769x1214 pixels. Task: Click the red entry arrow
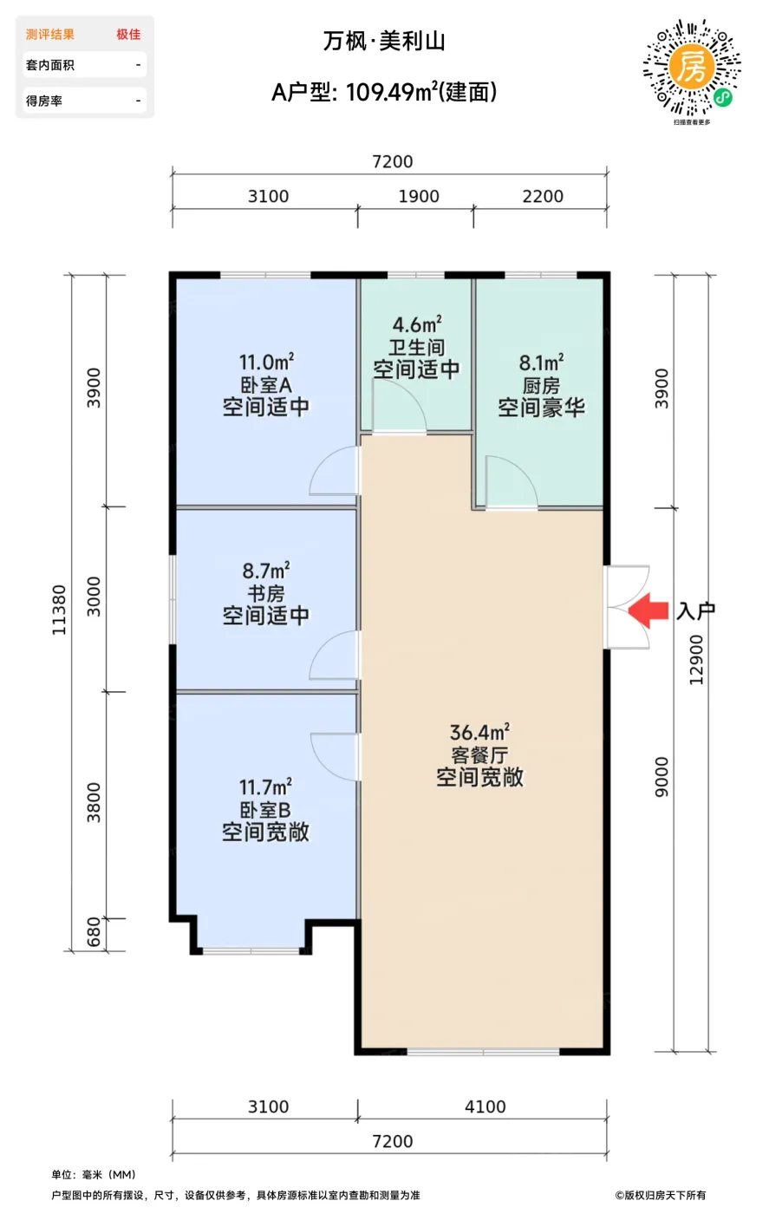click(648, 610)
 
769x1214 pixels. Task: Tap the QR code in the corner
click(692, 68)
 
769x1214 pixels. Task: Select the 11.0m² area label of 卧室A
click(266, 362)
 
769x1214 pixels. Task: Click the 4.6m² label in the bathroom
click(417, 324)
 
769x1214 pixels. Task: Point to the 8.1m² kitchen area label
click(541, 362)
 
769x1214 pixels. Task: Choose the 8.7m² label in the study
click(265, 571)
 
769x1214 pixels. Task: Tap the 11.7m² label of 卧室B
click(265, 787)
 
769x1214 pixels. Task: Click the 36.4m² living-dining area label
click(479, 732)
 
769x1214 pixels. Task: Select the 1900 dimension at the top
click(419, 196)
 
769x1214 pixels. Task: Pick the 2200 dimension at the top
click(543, 196)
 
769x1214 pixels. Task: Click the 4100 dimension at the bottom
click(485, 1106)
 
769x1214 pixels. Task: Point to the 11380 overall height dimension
click(59, 610)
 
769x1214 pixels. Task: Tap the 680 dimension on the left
click(94, 931)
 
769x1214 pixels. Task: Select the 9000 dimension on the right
click(661, 777)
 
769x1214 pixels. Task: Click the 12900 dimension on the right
click(696, 660)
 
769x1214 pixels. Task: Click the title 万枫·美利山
click(384, 42)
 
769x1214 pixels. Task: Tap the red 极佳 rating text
click(128, 34)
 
